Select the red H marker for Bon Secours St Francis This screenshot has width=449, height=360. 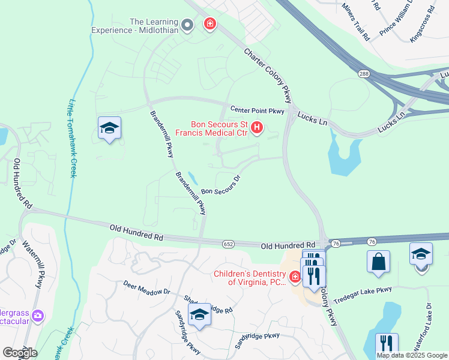[258, 128]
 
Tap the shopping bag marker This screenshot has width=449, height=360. [378, 262]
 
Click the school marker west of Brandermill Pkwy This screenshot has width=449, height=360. [110, 128]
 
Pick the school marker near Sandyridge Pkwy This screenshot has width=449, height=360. [199, 314]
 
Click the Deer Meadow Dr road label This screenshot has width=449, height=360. [147, 287]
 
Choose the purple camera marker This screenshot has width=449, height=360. [38, 315]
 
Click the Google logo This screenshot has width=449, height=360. [19, 352]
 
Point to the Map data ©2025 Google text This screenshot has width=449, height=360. [412, 355]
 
